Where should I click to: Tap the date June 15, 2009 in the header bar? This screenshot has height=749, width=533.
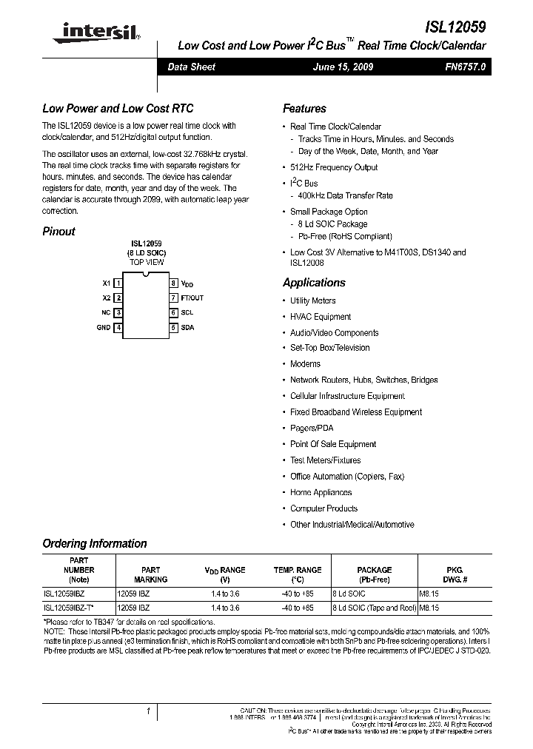coord(343,67)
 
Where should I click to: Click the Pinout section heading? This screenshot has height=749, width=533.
coord(59,231)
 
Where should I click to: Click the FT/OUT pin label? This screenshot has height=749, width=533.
coord(192,298)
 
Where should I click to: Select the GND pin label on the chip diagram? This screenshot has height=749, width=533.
coord(104,327)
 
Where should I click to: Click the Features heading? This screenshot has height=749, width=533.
coord(304,108)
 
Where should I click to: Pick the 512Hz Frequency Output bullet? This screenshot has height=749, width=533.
coord(333,167)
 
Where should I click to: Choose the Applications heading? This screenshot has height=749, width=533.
coord(314,283)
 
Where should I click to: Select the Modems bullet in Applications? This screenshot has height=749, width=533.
coord(305,363)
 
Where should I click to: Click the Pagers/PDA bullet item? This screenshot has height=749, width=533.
coord(312,428)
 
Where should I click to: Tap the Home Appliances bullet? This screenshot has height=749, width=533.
coord(321,492)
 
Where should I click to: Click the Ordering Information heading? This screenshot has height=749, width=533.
coord(95,543)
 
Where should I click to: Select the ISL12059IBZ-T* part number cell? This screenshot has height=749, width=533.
coord(68,607)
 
